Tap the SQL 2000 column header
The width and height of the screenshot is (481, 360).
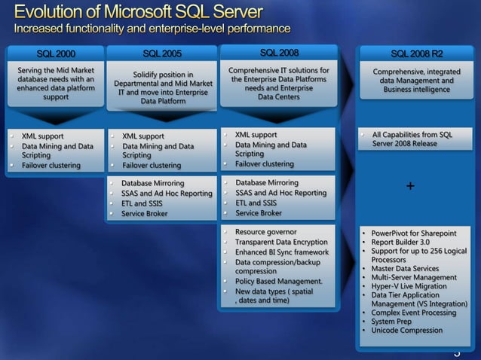tap(56, 54)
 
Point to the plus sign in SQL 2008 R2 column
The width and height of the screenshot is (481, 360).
tap(409, 186)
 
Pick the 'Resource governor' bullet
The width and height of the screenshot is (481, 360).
tap(265, 232)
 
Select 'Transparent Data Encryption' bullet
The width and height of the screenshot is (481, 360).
tap(281, 242)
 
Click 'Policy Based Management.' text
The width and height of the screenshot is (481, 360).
tap(278, 282)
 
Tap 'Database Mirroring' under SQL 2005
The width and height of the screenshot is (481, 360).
tap(152, 183)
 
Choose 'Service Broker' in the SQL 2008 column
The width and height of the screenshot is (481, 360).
tap(258, 213)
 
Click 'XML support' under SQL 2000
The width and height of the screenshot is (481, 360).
tap(42, 136)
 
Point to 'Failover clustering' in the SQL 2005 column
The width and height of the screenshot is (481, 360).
tap(152, 166)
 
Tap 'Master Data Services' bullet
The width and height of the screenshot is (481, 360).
tap(405, 269)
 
